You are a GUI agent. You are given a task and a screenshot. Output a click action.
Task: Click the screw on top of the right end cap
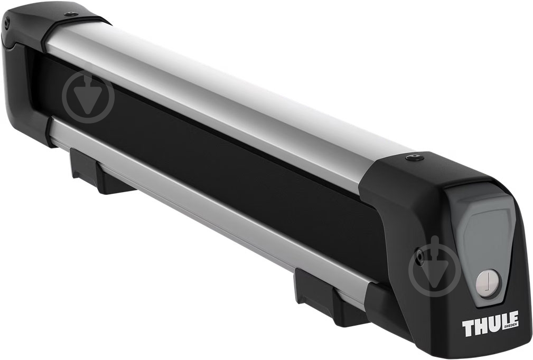point(414,158)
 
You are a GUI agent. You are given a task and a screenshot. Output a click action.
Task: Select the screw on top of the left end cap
point(71,14)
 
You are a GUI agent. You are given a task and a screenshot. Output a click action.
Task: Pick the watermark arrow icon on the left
point(88,97)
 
